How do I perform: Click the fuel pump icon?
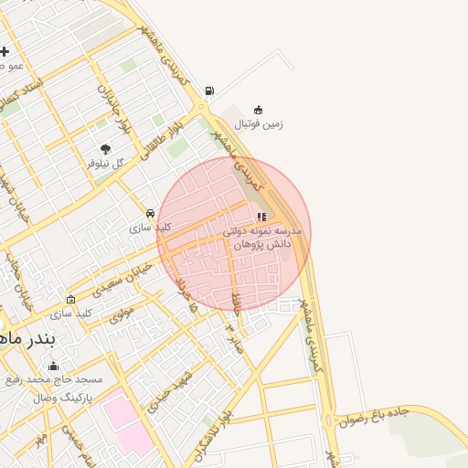pos(210,90)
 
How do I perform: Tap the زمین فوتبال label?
pos(259,123)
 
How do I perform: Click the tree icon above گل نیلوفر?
pos(105,149)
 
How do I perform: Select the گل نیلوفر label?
pos(104,163)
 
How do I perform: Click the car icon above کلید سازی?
pos(150,213)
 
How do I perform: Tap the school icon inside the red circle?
pos(261,218)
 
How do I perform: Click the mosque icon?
pos(53,366)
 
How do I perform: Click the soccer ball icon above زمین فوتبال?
pos(259,110)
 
